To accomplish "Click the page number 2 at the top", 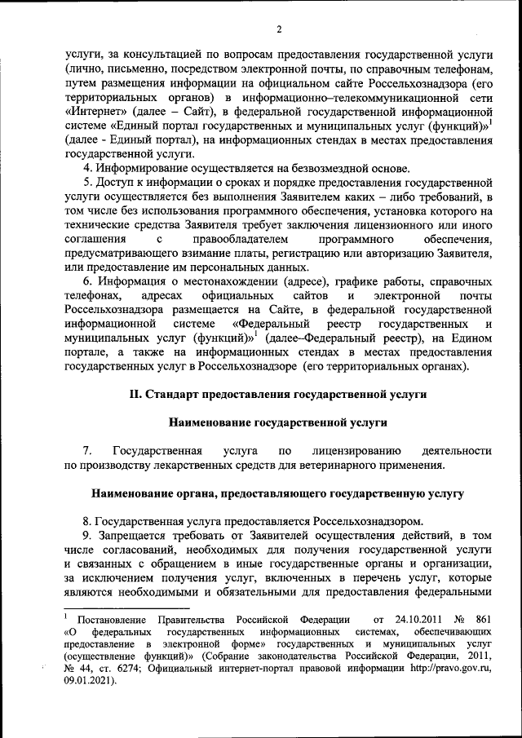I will coord(278,31).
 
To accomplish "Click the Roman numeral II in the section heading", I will coord(136,394).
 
